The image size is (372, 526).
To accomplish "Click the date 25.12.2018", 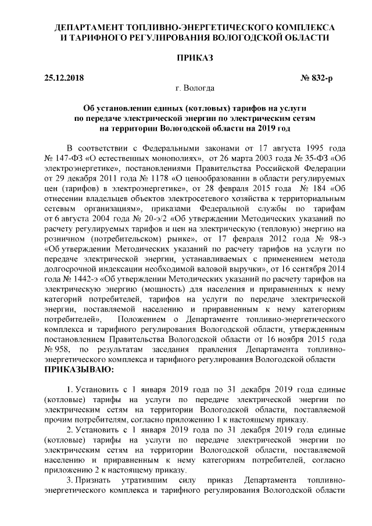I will coord(64,78).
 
